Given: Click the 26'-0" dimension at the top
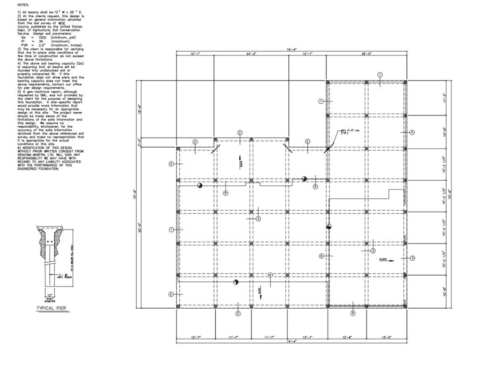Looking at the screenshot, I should coord(366,54).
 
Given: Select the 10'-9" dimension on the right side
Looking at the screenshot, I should coord(444,132).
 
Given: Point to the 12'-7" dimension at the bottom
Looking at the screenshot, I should coord(196,337).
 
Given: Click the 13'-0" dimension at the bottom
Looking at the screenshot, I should coord(386,337).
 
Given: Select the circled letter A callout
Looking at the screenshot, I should coord(412,132).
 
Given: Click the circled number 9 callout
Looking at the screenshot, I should coord(353,313).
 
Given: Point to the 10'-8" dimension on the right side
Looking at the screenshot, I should coord(444,293).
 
